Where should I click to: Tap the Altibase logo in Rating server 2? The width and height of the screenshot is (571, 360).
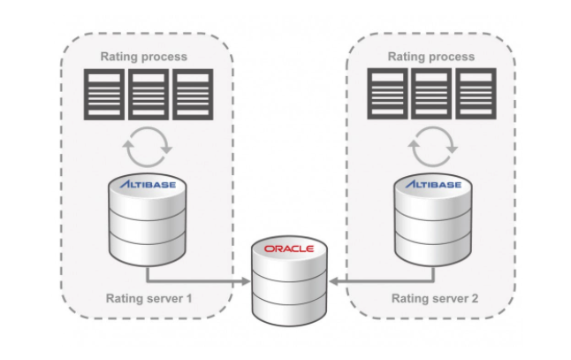(433, 186)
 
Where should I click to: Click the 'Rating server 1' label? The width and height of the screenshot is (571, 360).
(148, 298)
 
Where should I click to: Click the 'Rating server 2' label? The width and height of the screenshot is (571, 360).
(435, 298)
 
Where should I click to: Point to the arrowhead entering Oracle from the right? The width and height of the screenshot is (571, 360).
(333, 282)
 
